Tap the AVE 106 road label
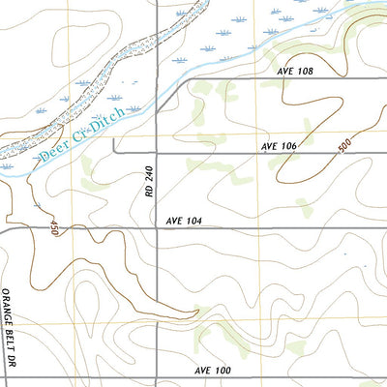(x=278, y=146)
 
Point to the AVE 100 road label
(x=213, y=371)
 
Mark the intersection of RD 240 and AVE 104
(x=158, y=230)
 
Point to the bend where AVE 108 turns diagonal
(x=200, y=78)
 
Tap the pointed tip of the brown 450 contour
(x=197, y=311)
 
